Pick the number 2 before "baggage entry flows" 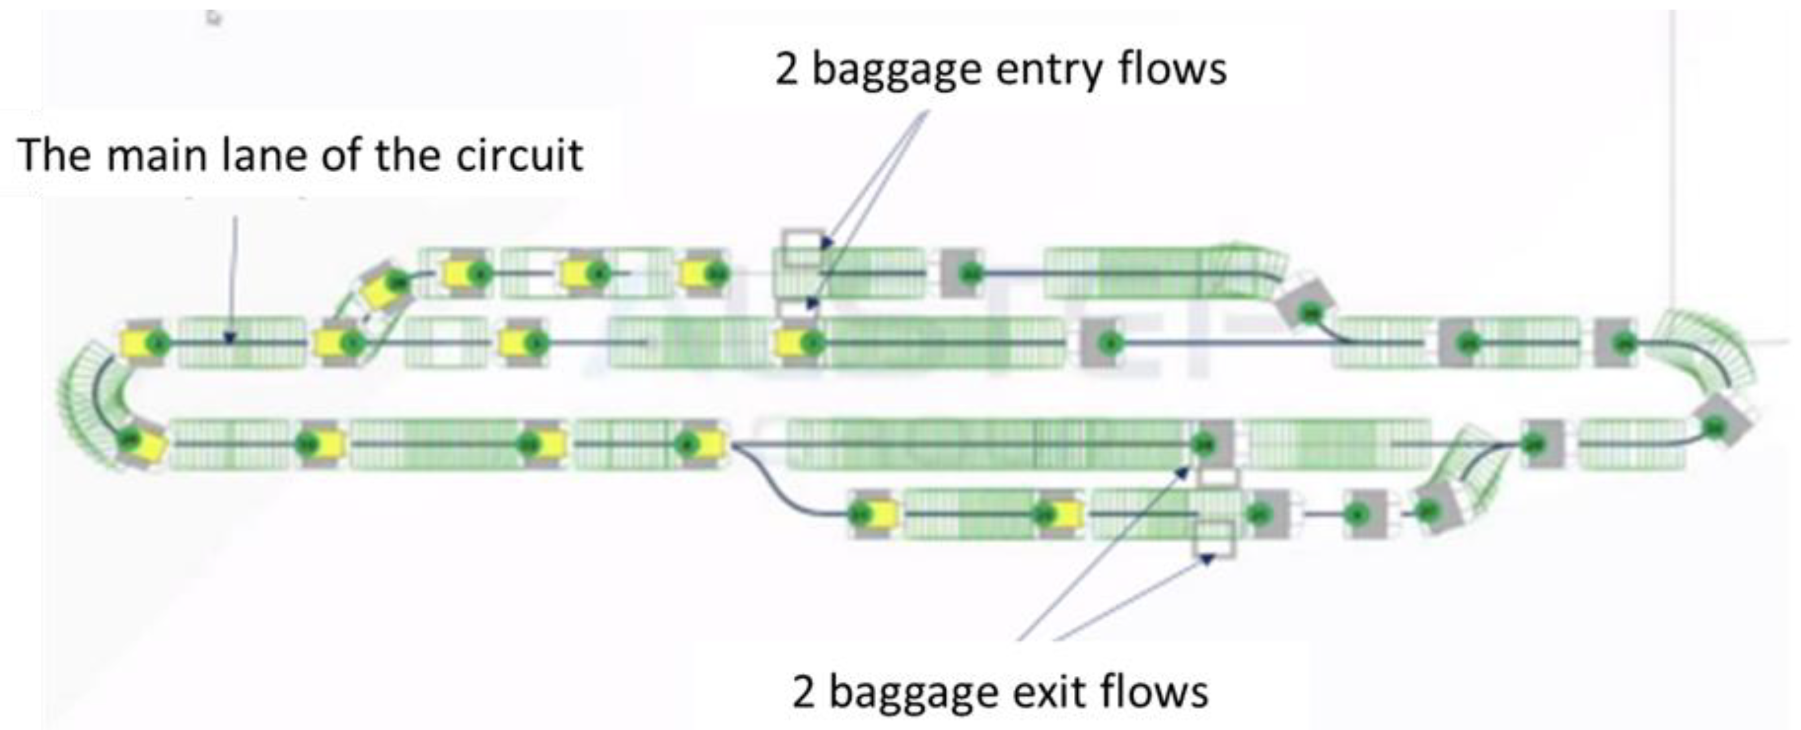(786, 70)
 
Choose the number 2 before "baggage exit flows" (804, 692)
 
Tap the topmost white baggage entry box (802, 247)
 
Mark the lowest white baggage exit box (1213, 539)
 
